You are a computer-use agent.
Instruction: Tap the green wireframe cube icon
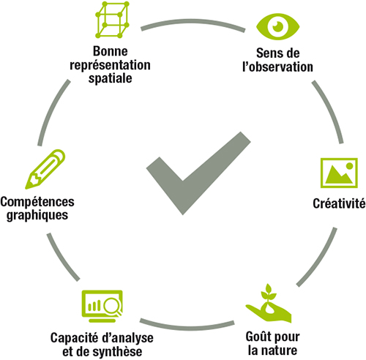click(112, 20)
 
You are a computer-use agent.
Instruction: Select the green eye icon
click(277, 26)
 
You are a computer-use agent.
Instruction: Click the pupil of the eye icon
click(277, 26)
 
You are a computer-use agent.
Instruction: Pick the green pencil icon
click(45, 169)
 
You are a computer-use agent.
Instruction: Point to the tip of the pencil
click(26, 188)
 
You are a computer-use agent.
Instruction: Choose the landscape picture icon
click(339, 173)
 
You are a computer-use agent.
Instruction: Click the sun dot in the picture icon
click(349, 166)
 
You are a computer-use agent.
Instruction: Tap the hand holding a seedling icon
click(269, 303)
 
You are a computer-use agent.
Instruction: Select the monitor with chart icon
click(102, 306)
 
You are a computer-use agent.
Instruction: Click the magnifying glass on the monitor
click(112, 306)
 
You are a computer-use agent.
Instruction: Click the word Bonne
click(111, 51)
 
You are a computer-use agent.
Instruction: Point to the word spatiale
click(111, 78)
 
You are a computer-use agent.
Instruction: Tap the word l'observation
click(277, 67)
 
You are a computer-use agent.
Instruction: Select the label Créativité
click(339, 203)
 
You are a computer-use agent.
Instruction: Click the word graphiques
click(37, 215)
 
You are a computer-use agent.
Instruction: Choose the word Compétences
click(37, 202)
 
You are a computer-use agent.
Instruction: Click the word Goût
click(258, 337)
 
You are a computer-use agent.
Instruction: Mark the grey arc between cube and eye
click(193, 21)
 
